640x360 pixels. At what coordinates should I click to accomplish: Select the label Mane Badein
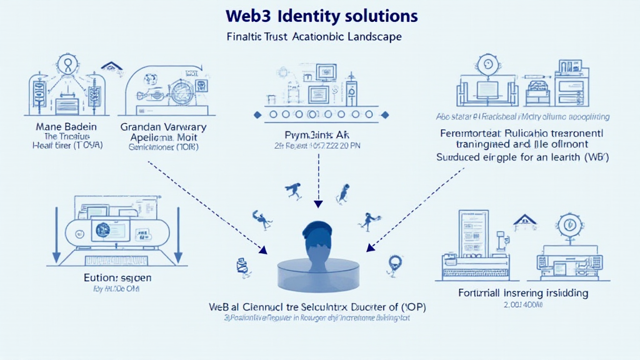click(60, 126)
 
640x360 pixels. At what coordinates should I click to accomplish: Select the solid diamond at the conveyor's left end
click(256, 115)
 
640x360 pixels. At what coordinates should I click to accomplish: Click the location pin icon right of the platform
click(394, 262)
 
